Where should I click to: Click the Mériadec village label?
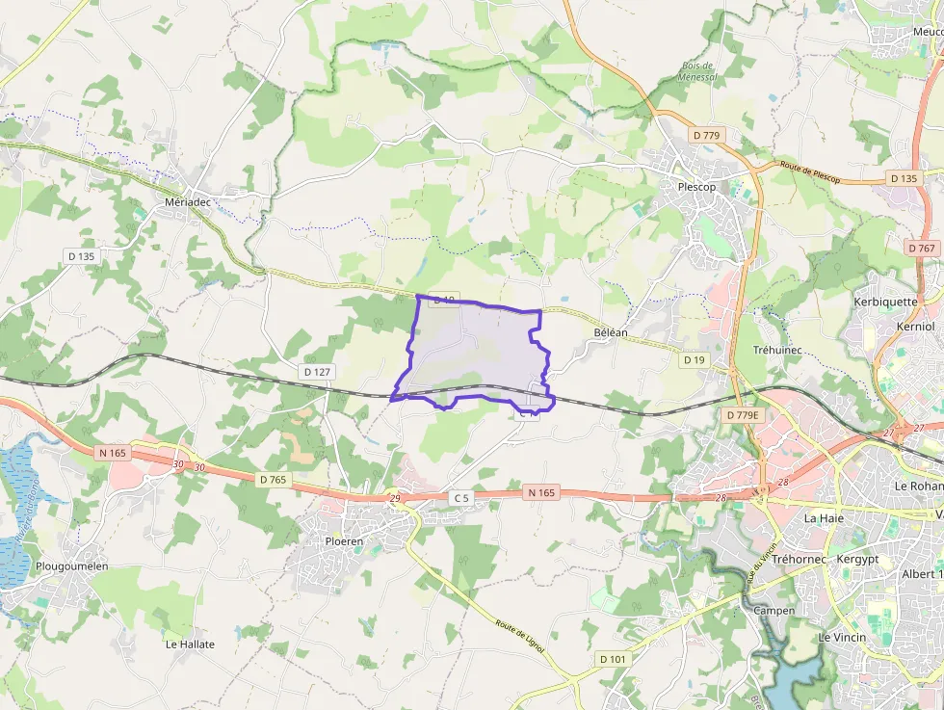[187, 201]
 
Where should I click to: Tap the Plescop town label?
[696, 187]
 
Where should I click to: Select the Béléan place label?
[611, 332]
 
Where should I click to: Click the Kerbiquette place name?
[885, 302]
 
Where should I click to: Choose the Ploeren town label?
[343, 541]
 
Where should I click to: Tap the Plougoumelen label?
[72, 566]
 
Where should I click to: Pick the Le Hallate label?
[190, 644]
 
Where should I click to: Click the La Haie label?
[824, 517]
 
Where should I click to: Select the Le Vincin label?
[842, 637]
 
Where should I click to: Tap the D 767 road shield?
[922, 248]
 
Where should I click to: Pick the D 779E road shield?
[743, 414]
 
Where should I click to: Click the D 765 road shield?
[274, 479]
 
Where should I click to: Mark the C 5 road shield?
[461, 497]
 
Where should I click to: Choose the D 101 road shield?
[612, 659]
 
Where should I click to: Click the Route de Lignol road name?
[520, 637]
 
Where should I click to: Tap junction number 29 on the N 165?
[394, 498]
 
